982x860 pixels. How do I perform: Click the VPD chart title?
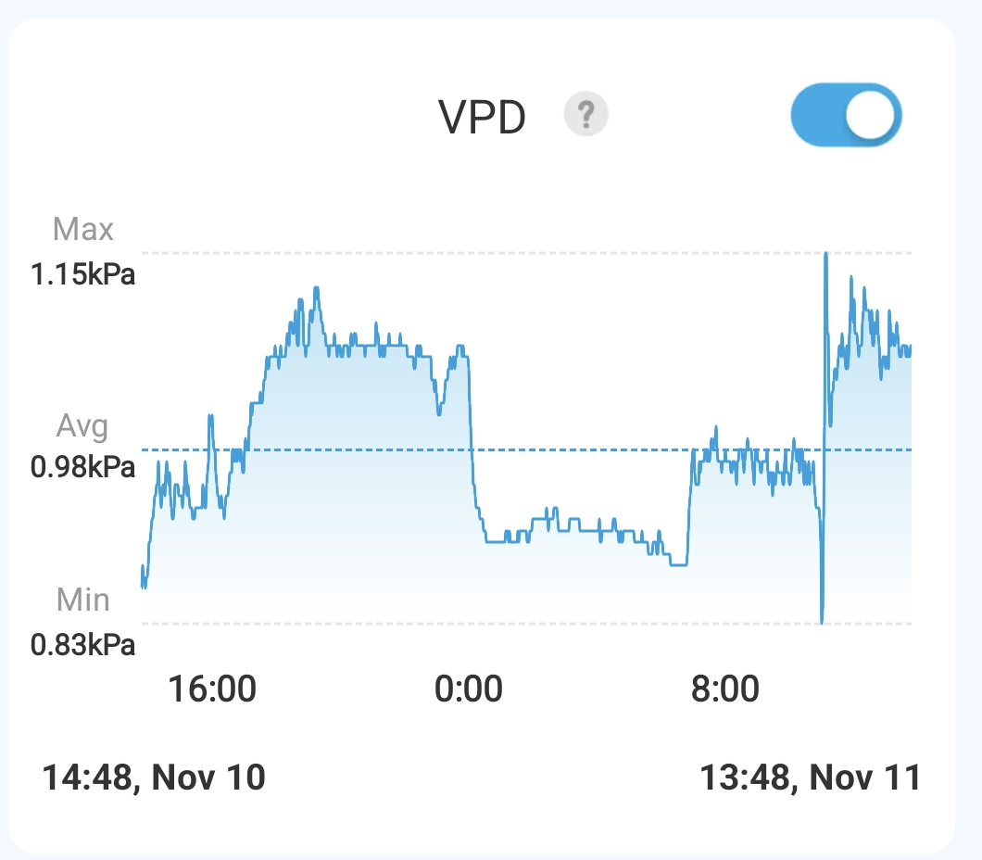(482, 118)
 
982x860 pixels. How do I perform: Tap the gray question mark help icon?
(585, 116)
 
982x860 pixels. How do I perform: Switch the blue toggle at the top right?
(845, 116)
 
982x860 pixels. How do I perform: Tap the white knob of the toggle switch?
(872, 116)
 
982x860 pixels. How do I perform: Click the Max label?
(83, 229)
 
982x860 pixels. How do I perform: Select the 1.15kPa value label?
(82, 274)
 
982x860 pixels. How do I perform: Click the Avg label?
(82, 426)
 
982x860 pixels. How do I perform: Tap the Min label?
(82, 600)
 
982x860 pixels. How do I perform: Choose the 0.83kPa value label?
(82, 644)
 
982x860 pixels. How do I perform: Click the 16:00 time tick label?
(211, 690)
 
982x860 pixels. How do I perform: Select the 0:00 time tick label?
(469, 690)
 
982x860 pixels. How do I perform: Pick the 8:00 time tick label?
(725, 690)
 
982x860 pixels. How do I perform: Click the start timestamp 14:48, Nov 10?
(154, 777)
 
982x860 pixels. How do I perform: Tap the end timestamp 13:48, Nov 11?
(810, 777)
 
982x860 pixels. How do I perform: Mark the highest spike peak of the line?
(825, 253)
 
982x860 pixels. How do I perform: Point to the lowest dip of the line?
(822, 622)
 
